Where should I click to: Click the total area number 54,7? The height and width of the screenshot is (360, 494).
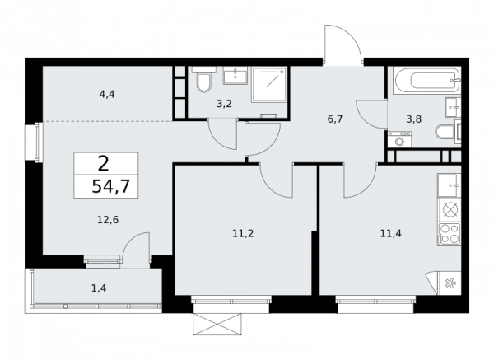click(110, 186)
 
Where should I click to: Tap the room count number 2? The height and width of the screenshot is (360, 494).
click(104, 164)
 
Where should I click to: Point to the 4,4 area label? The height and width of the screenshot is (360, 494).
click(107, 94)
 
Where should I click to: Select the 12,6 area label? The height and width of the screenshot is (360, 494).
click(108, 220)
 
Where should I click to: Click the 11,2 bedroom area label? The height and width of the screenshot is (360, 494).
click(243, 234)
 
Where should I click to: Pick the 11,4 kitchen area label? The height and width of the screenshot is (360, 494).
click(391, 234)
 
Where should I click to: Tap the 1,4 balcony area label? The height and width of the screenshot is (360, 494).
click(99, 288)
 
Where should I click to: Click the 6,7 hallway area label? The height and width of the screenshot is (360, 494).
click(335, 119)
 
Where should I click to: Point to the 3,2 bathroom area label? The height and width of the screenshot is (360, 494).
click(224, 104)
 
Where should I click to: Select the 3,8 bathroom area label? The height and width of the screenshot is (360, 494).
click(414, 119)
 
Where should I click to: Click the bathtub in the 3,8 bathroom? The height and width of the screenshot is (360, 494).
click(426, 80)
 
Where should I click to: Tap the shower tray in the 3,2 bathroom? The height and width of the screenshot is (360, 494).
click(268, 85)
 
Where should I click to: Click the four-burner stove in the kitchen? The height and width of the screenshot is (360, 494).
click(449, 234)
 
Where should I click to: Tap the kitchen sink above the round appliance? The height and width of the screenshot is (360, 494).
click(449, 185)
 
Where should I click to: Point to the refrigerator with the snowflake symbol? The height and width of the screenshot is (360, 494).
click(450, 283)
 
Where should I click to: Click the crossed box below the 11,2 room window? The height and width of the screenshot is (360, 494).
click(218, 324)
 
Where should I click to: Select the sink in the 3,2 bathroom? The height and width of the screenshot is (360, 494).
click(235, 75)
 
